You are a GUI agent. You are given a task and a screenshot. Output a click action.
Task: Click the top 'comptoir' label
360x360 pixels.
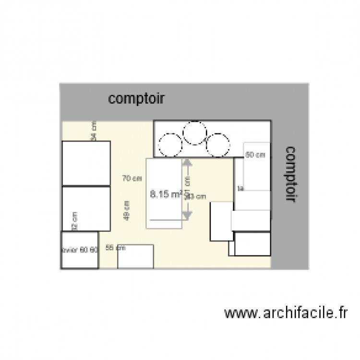coord(137,99)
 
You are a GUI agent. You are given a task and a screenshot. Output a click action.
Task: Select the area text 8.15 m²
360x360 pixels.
coord(165,194)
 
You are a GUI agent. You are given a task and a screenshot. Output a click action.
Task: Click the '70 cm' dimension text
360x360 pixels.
coord(132,179)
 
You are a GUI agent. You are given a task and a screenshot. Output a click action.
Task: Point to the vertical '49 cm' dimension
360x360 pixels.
coord(127,210)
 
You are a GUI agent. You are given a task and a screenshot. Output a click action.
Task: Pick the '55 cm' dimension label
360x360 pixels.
coord(115,248)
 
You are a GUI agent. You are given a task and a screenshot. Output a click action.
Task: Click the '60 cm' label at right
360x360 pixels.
coord(255,155)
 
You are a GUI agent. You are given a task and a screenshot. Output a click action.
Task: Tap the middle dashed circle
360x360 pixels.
coord(195,133)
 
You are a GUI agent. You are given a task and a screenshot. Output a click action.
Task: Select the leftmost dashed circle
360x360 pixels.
coord(170,144)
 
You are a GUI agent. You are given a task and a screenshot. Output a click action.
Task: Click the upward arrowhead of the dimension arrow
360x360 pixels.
coord(187,163)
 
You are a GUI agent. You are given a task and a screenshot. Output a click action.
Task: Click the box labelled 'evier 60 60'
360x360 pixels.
coord(80,250)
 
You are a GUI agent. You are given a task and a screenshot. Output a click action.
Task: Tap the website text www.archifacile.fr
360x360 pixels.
coord(285,313)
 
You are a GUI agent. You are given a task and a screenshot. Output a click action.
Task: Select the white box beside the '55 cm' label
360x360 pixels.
coord(135,256)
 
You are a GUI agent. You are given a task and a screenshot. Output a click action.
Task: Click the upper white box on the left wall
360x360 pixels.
coord(86,163)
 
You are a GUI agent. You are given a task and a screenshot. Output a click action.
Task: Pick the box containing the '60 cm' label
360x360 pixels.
coord(257,166)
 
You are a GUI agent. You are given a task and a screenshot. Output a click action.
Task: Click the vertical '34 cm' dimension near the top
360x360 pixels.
coord(94,131)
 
